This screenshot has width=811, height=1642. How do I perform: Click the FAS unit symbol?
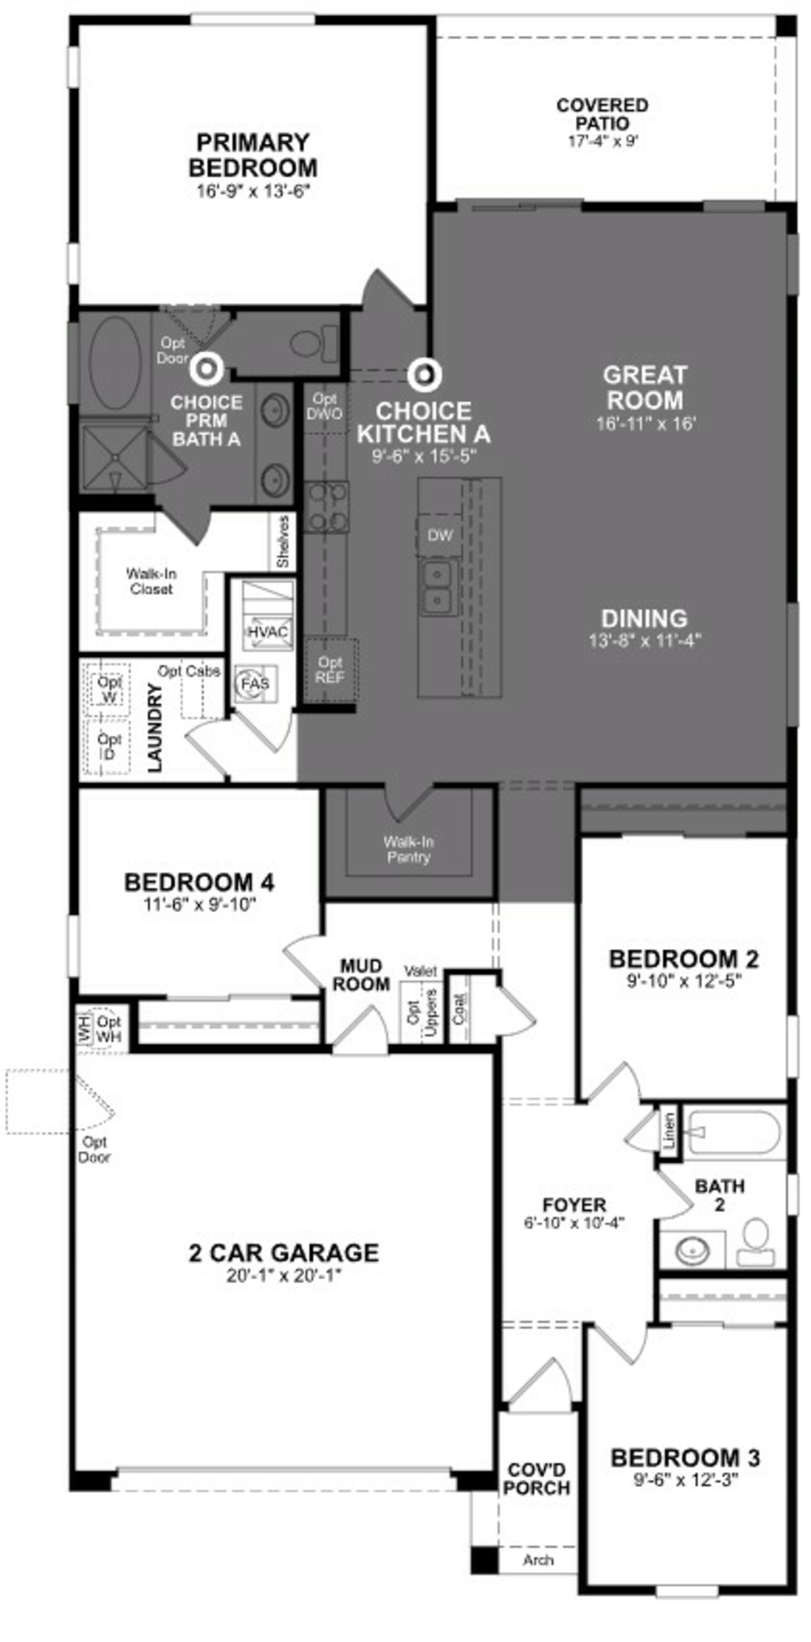click(x=255, y=683)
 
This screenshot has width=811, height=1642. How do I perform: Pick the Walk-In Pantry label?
click(x=408, y=850)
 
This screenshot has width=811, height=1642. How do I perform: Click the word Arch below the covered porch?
click(x=538, y=1560)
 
